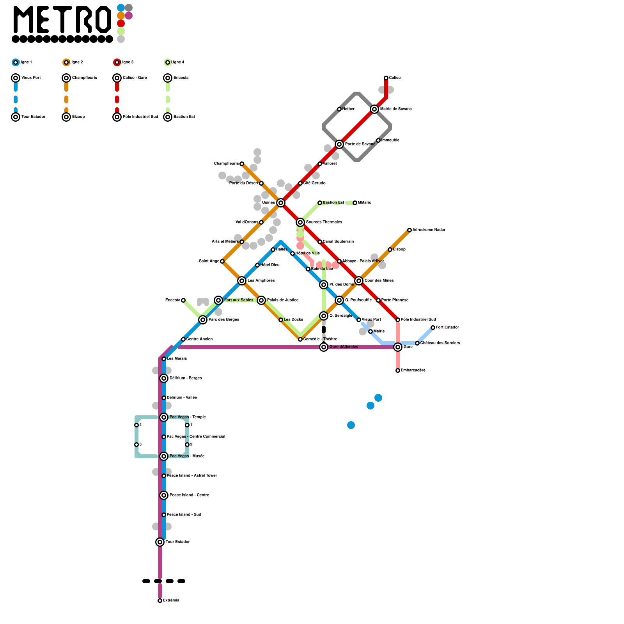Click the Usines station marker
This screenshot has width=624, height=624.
point(281,203)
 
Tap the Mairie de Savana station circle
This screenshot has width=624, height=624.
point(374,109)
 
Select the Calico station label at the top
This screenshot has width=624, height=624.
point(395,78)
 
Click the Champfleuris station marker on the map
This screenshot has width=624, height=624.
point(242,164)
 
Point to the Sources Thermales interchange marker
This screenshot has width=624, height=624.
point(300,222)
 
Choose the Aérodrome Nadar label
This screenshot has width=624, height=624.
point(429,230)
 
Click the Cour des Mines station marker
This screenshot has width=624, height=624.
point(359,281)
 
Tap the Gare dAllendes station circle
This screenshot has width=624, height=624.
point(324,347)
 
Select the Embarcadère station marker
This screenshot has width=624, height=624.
point(398,370)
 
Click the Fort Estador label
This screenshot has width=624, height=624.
point(447,328)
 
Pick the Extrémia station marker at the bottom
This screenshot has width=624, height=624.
point(160,601)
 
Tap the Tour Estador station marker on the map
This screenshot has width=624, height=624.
point(160,542)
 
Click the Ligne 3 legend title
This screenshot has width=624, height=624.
point(127,62)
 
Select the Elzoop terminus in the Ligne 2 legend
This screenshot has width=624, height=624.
point(66,117)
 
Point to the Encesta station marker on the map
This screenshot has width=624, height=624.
point(183,300)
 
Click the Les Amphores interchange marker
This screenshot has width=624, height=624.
point(242,281)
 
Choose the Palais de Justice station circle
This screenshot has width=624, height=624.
point(261,300)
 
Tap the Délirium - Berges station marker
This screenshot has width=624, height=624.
point(164,378)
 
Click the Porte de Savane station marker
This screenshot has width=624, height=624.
point(339,144)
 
